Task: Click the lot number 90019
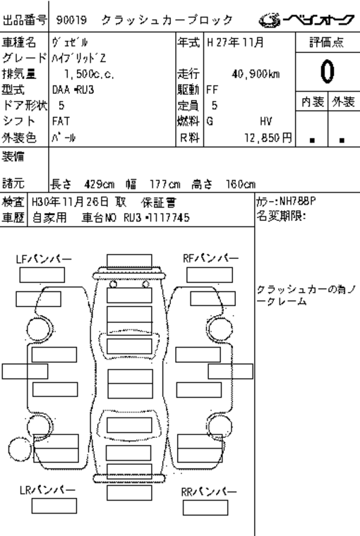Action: pyautogui.click(x=71, y=20)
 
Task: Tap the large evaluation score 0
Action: pyautogui.click(x=327, y=71)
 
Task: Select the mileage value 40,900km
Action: pyautogui.click(x=256, y=74)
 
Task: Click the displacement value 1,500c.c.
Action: pyautogui.click(x=89, y=74)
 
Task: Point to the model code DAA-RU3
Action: pyautogui.click(x=73, y=90)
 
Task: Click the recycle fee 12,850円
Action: pyautogui.click(x=268, y=138)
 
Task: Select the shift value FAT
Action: pyautogui.click(x=61, y=121)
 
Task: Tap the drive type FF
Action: pyautogui.click(x=212, y=90)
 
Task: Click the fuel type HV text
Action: pyautogui.click(x=266, y=121)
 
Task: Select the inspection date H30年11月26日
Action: pyautogui.click(x=70, y=202)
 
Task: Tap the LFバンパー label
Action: pyautogui.click(x=44, y=259)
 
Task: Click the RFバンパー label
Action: pyautogui.click(x=210, y=258)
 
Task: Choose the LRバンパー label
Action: pyautogui.click(x=47, y=490)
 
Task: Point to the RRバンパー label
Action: pyautogui.click(x=209, y=492)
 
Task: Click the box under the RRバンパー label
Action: pyautogui.click(x=205, y=508)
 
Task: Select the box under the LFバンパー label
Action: pyautogui.click(x=42, y=275)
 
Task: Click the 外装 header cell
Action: pyautogui.click(x=344, y=102)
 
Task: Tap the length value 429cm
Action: pyautogui.click(x=100, y=185)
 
